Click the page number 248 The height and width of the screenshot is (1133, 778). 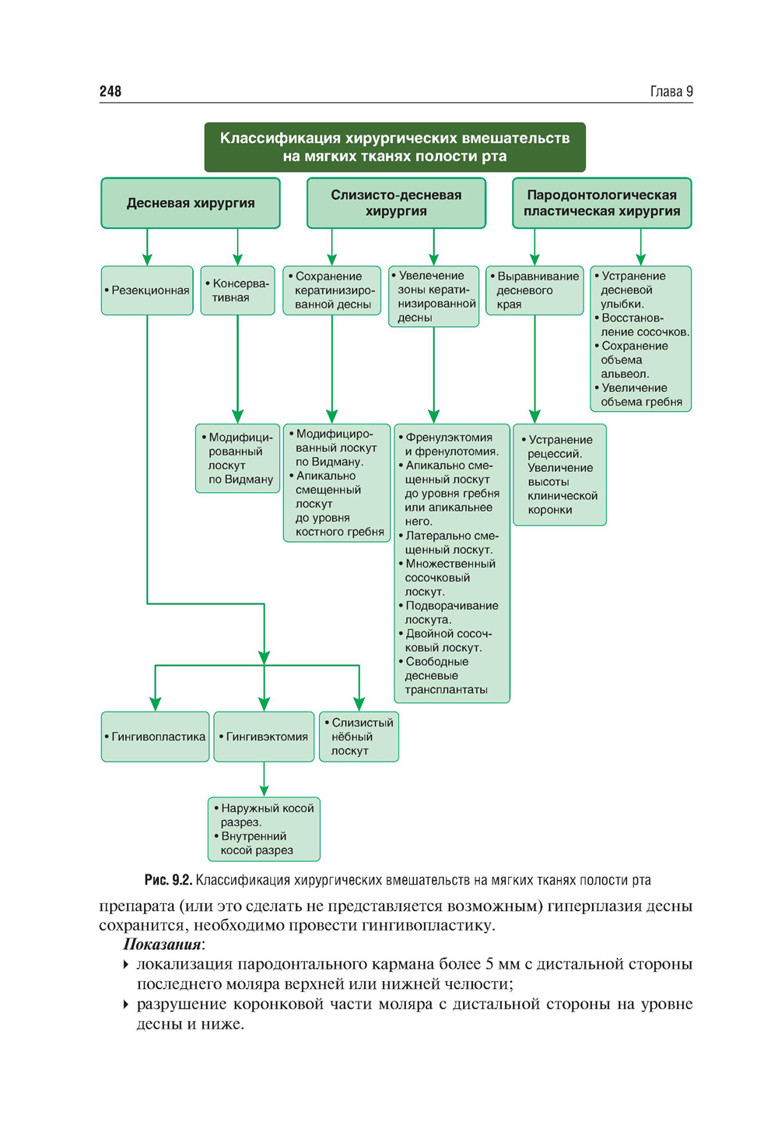point(110,91)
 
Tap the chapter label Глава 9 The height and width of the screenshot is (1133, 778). point(671,91)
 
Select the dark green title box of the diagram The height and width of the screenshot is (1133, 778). point(394,147)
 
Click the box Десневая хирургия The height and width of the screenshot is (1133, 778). point(191,203)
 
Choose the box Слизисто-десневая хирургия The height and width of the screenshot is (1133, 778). point(396,203)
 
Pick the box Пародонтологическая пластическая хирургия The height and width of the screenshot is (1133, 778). point(601,203)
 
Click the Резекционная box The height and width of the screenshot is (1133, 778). point(147,290)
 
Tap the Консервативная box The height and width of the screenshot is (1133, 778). point(237,290)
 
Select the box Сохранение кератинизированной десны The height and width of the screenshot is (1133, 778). point(332,290)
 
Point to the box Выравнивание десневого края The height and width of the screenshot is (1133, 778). point(534,290)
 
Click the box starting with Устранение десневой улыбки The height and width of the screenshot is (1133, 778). point(640,339)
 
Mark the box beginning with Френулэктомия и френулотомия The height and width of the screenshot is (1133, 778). point(452,563)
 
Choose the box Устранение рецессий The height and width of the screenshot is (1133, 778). point(559,475)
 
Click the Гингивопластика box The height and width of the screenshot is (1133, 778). point(155,737)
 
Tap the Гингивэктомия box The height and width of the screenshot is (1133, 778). point(264,737)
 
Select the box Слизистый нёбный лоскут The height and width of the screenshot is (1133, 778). point(359,737)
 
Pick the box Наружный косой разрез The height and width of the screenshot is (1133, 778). point(264,829)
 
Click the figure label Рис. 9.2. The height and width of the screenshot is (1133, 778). point(167,880)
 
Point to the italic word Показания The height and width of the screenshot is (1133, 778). point(162,945)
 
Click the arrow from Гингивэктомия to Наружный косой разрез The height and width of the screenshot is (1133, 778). point(264,779)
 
